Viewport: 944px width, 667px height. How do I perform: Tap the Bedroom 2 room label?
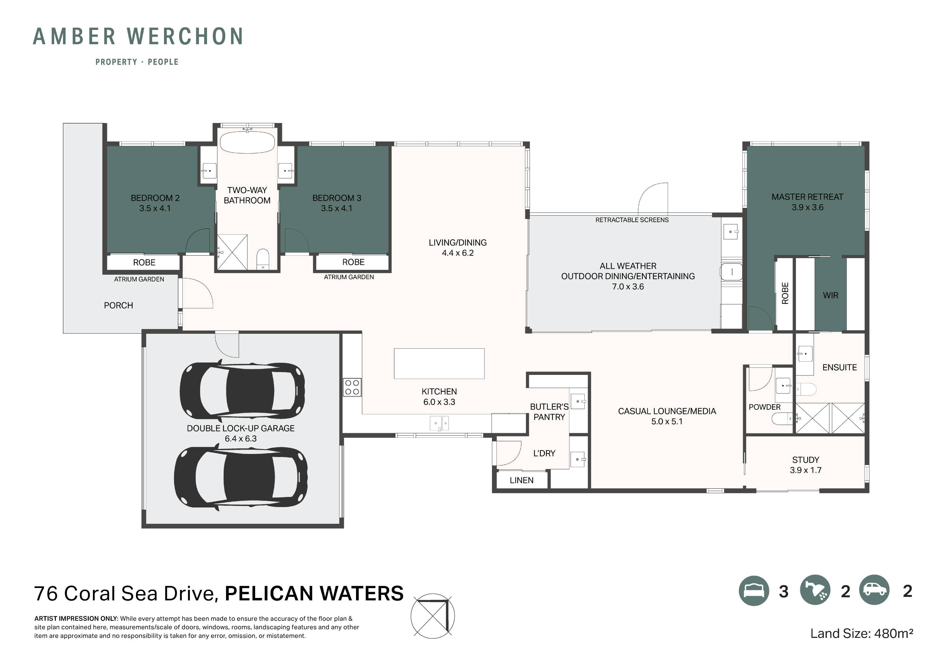155,203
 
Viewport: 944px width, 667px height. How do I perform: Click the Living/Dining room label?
458,248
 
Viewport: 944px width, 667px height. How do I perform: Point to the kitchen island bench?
439,364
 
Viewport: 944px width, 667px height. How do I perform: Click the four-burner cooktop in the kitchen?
352,387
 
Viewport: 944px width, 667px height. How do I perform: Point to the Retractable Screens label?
632,220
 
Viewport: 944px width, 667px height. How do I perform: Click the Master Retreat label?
808,202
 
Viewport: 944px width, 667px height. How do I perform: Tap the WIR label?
830,295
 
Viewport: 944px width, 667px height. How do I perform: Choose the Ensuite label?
840,367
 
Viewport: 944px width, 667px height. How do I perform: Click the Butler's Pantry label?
549,412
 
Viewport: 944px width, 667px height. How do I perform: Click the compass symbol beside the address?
433,615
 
